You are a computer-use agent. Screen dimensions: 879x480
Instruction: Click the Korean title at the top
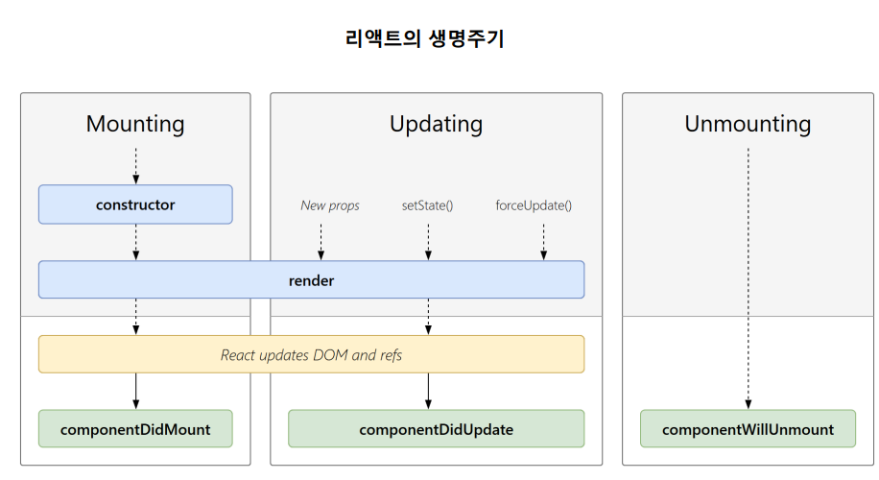click(x=424, y=38)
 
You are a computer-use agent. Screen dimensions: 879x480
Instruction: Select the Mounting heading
click(x=135, y=124)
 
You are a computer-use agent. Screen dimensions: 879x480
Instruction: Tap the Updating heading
click(x=436, y=124)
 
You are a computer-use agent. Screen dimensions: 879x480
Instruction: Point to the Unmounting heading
click(x=748, y=124)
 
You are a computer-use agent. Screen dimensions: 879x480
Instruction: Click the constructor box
click(x=135, y=204)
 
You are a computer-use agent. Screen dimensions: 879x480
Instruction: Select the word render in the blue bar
click(x=311, y=280)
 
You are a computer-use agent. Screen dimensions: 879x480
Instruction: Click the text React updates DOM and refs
click(x=311, y=355)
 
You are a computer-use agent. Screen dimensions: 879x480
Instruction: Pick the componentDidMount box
click(x=135, y=429)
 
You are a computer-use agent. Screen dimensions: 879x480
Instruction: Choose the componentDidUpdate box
click(x=436, y=429)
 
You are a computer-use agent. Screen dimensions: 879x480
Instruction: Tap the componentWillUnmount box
click(x=748, y=429)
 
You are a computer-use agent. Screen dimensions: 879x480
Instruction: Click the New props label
click(x=330, y=205)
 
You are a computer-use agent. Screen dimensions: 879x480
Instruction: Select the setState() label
click(x=427, y=205)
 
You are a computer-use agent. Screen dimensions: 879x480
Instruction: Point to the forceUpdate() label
click(x=534, y=205)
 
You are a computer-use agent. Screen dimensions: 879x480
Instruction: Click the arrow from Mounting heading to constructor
click(x=135, y=166)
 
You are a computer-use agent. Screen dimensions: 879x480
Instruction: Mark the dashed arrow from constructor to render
click(x=135, y=242)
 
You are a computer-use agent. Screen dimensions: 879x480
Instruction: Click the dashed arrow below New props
click(x=321, y=242)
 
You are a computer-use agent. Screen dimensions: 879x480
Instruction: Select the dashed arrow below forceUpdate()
click(x=543, y=242)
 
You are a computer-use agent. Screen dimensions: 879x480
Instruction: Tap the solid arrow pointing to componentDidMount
click(x=135, y=392)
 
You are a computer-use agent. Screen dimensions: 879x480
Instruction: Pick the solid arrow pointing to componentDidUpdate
click(x=428, y=392)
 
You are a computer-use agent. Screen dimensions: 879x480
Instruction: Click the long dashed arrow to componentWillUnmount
click(x=748, y=278)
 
